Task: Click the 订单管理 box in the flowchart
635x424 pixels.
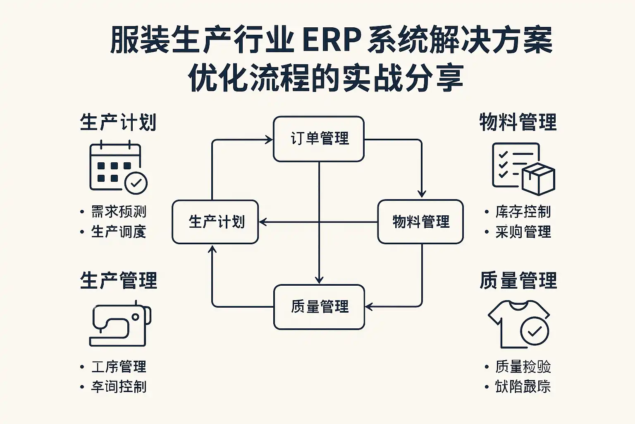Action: pyautogui.click(x=319, y=139)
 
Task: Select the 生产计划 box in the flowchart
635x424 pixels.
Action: pyautogui.click(x=215, y=222)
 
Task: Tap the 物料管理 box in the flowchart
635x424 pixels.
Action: pyautogui.click(x=420, y=222)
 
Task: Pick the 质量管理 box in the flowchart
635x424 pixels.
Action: pyautogui.click(x=319, y=307)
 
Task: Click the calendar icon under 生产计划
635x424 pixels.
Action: pyautogui.click(x=116, y=166)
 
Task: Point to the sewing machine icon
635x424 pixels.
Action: pyautogui.click(x=120, y=326)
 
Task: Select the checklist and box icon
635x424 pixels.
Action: pyautogui.click(x=523, y=168)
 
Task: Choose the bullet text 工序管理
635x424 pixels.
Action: pyautogui.click(x=119, y=367)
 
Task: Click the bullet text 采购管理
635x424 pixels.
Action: pyautogui.click(x=523, y=232)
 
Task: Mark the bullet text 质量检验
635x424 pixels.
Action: pyautogui.click(x=523, y=367)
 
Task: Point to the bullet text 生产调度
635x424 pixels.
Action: pyautogui.click(x=119, y=232)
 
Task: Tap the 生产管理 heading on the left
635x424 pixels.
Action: pyautogui.click(x=119, y=281)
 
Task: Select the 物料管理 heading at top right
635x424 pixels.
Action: pyautogui.click(x=518, y=123)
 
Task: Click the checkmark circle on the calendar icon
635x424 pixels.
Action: pyautogui.click(x=136, y=183)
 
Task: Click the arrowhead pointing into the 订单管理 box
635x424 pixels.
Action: pyautogui.click(x=269, y=140)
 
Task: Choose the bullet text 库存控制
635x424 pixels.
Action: pyautogui.click(x=523, y=212)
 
